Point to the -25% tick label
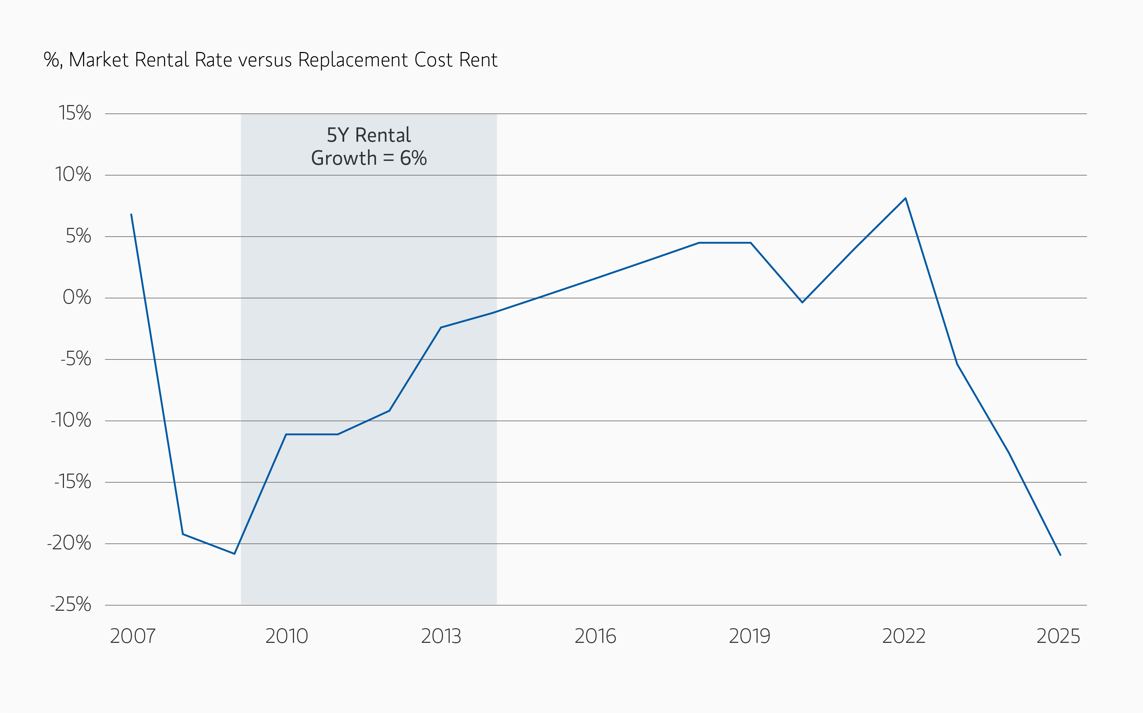click(x=71, y=604)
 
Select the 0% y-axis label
click(x=76, y=298)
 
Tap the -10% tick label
click(x=71, y=420)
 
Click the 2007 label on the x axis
click(x=133, y=636)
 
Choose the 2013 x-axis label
click(x=441, y=636)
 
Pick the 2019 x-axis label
click(x=749, y=636)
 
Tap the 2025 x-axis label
click(x=1057, y=636)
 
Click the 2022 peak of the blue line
click(x=905, y=199)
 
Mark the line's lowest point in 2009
click(x=235, y=554)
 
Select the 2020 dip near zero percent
click(x=802, y=302)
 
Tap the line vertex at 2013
click(x=441, y=327)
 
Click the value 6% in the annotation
click(x=413, y=158)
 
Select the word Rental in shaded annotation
click(x=383, y=135)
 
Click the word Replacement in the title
click(x=353, y=60)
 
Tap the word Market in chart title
click(x=98, y=60)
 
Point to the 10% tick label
click(x=73, y=174)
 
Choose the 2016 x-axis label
click(x=595, y=636)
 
